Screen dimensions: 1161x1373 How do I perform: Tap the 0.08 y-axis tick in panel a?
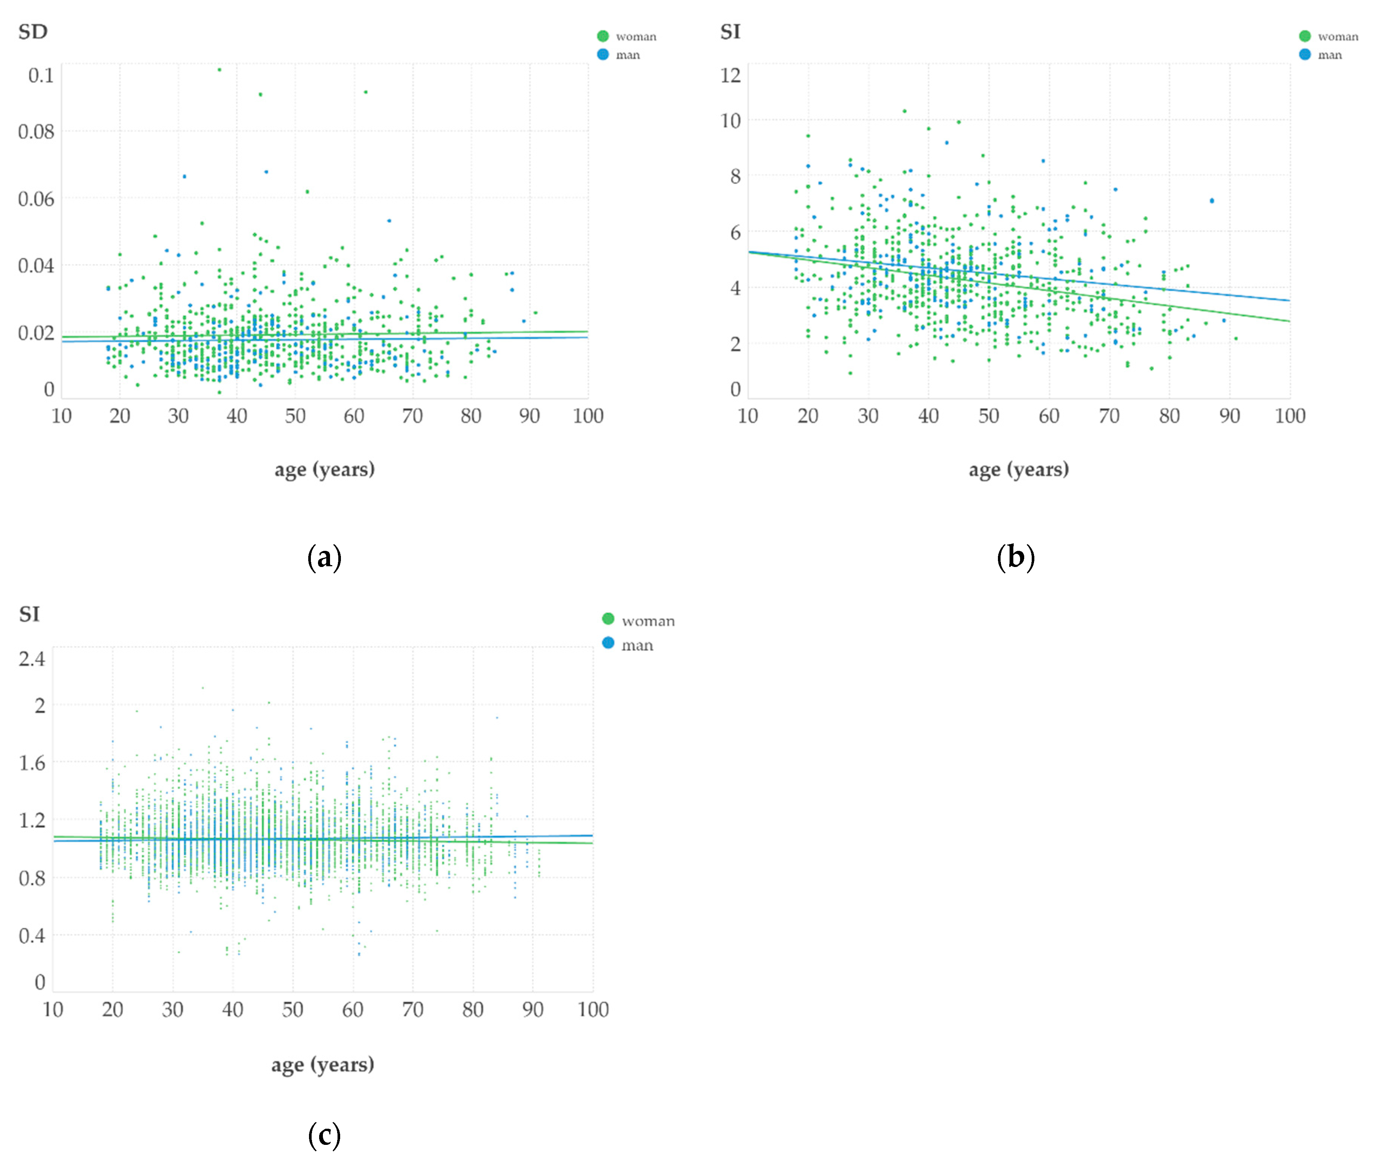click(36, 132)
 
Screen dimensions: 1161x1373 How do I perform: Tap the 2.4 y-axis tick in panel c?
click(32, 659)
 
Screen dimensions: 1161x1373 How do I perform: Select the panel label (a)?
click(324, 558)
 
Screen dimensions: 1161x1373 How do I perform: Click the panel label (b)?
click(1016, 558)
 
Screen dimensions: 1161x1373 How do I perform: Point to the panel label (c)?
click(324, 1135)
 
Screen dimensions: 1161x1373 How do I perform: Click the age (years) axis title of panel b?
click(1018, 469)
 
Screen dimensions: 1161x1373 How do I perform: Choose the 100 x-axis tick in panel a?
click(588, 416)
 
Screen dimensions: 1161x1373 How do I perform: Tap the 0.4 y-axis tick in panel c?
click(32, 935)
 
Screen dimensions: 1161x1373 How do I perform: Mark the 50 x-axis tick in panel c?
click(292, 1010)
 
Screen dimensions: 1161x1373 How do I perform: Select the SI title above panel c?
click(29, 614)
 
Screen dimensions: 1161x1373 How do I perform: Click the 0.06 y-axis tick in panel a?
click(36, 199)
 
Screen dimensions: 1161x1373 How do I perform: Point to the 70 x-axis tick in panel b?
click(1109, 416)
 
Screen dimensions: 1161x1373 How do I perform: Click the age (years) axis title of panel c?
click(323, 1064)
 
